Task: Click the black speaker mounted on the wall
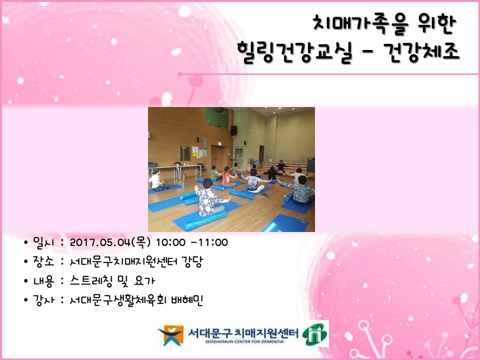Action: tap(233, 130)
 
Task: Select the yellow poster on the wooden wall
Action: tap(195, 149)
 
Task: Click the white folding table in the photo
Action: tap(167, 168)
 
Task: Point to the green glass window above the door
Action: tap(216, 117)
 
